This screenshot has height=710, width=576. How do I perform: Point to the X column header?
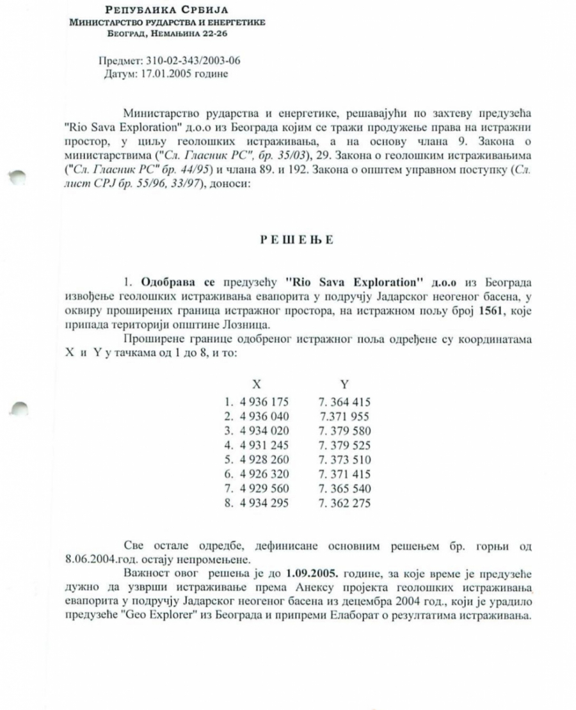(256, 384)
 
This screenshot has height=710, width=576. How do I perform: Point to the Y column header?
(344, 384)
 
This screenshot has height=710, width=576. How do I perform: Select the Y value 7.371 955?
(346, 416)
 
